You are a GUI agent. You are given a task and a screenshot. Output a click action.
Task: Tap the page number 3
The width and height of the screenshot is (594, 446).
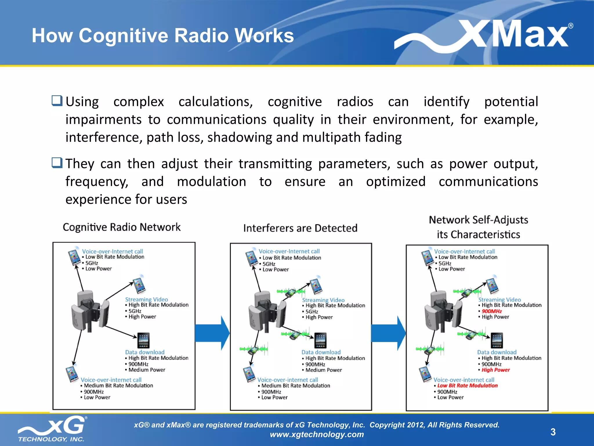pos(553,432)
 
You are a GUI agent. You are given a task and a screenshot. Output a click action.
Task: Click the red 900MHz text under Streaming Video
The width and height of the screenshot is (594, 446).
pos(492,311)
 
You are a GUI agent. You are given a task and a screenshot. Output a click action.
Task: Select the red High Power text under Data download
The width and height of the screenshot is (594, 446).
pos(495,370)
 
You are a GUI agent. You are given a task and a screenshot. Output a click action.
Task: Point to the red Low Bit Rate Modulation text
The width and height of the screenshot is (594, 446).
pos(467,386)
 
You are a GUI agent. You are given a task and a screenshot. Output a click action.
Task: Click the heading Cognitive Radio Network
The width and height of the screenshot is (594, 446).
pos(122,227)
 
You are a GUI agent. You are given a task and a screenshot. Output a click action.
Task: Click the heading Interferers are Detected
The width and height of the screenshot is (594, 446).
pos(300,228)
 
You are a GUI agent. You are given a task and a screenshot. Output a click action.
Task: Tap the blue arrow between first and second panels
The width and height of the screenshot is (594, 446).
pos(212,333)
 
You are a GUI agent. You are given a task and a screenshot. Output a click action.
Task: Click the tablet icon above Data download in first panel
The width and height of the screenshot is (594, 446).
pos(143,340)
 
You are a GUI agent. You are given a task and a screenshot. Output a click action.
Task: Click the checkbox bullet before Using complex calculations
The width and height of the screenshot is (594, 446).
pos(57,101)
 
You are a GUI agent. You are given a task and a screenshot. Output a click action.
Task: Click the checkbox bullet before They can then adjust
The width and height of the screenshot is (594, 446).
pos(57,163)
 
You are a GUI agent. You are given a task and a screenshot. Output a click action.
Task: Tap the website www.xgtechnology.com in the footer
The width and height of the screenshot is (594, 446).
pos(317,434)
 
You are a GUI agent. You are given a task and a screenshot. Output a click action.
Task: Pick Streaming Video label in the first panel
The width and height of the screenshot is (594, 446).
pos(146,299)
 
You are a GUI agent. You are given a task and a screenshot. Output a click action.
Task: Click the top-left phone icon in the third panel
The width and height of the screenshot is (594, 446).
pos(428,257)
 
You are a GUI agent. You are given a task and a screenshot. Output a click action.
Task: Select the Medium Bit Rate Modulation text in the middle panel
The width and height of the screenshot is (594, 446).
pos(296,386)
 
